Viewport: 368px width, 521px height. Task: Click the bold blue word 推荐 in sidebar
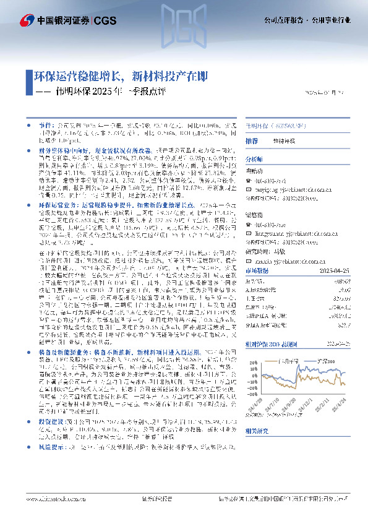point(252,141)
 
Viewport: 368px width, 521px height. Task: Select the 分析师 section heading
point(255,159)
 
